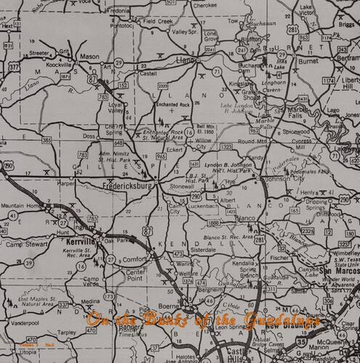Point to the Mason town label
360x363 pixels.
pos(89,57)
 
